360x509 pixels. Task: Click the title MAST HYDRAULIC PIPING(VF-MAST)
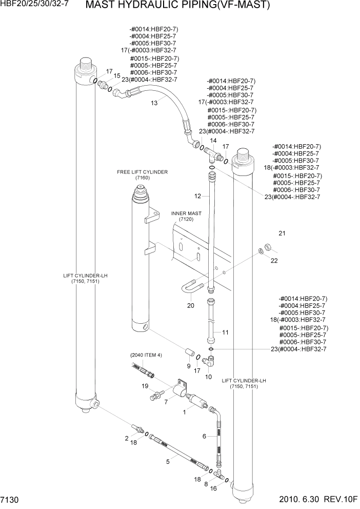177,6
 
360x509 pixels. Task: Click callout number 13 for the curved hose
154,103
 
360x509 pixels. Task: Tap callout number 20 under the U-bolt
191,306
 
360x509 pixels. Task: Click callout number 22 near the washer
274,261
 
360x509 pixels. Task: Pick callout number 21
282,234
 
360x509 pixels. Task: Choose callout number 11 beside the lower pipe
225,332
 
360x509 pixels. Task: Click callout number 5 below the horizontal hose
168,462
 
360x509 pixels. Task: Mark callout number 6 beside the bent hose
204,437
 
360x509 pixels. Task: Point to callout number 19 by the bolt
145,386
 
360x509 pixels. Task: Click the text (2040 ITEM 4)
146,355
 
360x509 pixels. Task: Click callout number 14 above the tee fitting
213,140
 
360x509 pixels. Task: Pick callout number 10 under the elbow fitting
208,377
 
